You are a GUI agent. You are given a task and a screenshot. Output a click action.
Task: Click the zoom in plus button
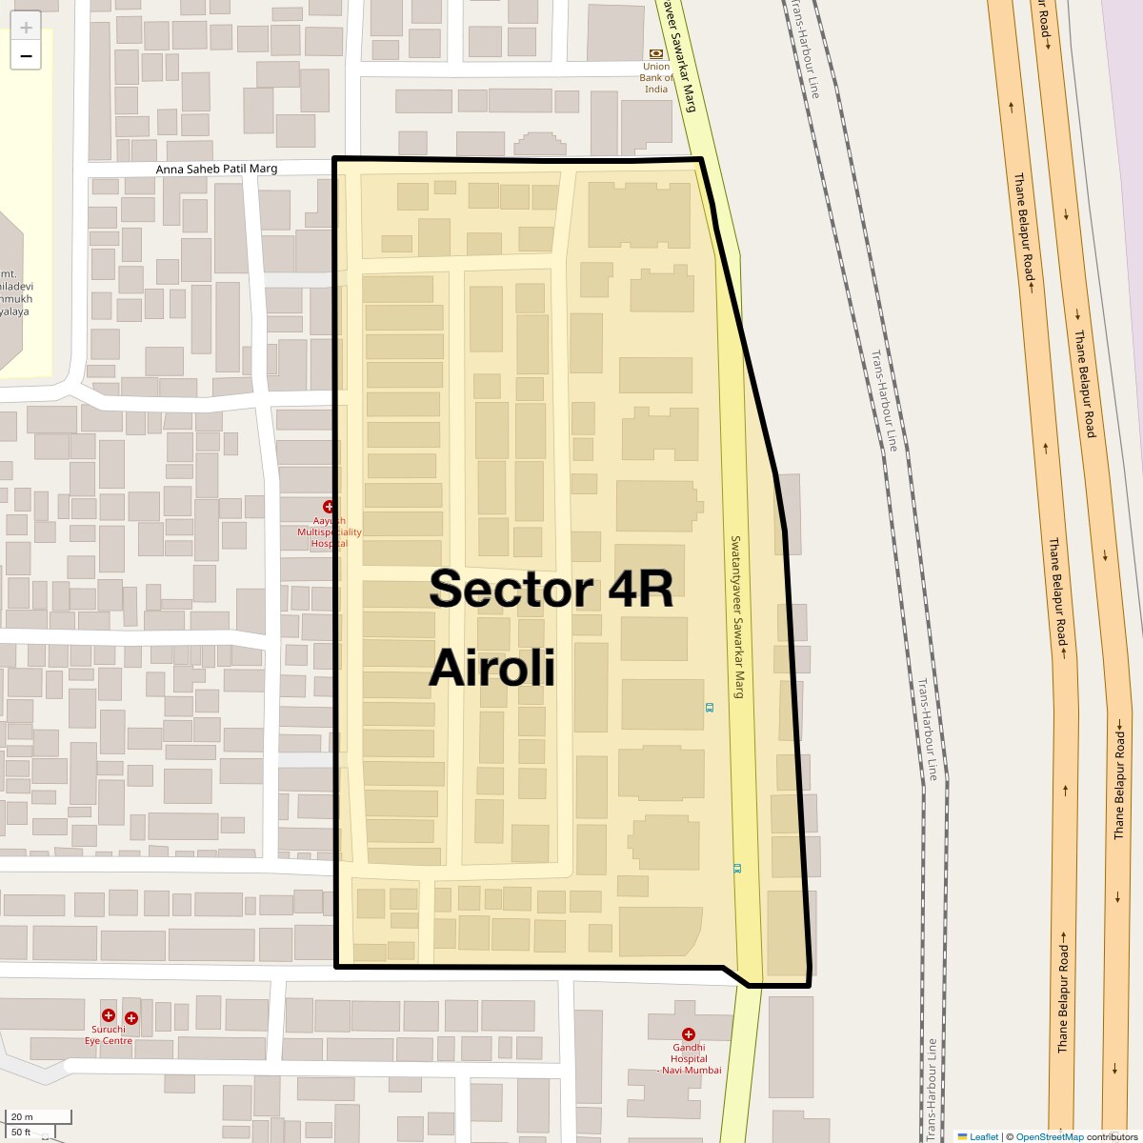(x=26, y=27)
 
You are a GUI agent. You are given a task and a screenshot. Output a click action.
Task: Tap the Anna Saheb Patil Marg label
(x=217, y=169)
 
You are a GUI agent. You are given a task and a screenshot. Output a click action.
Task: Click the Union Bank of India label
(x=656, y=78)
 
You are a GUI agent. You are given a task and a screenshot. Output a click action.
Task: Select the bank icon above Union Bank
(x=656, y=54)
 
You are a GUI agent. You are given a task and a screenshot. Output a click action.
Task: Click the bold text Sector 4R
(x=551, y=589)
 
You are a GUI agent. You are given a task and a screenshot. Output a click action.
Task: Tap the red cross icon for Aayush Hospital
(x=329, y=507)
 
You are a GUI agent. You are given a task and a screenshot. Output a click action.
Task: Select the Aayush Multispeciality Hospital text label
(x=329, y=532)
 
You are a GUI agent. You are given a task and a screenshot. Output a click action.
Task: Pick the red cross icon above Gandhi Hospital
(x=688, y=1034)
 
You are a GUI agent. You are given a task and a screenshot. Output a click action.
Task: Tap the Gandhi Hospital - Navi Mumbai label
(x=688, y=1059)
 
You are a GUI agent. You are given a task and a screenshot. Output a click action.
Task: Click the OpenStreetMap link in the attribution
(x=1049, y=1136)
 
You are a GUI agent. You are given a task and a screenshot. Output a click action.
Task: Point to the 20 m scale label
(x=22, y=1117)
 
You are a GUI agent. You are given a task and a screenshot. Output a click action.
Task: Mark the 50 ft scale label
(x=22, y=1133)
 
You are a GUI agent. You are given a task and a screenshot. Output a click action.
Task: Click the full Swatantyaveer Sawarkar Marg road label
(x=736, y=616)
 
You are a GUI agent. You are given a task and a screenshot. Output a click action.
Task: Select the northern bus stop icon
(x=709, y=708)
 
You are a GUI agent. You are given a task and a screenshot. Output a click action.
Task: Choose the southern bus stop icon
(x=736, y=869)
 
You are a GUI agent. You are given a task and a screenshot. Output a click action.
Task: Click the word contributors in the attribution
(x=1113, y=1136)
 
